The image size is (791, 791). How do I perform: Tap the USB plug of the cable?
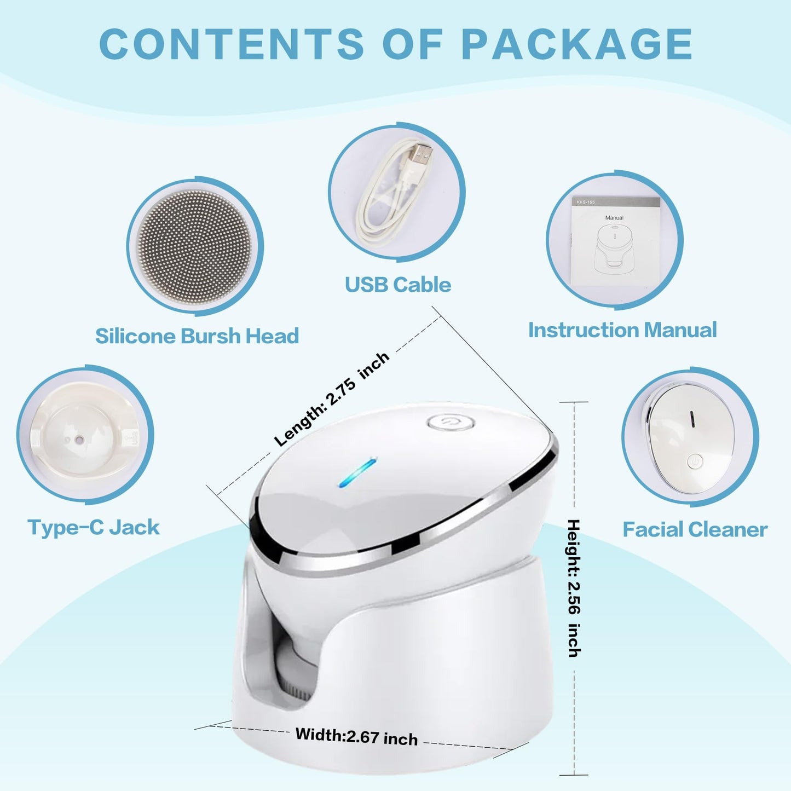422,155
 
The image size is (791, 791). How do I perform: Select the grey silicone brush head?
195,246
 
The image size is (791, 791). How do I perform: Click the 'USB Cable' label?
398,285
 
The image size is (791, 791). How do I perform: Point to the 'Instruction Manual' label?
622,330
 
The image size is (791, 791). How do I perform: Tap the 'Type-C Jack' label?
94,528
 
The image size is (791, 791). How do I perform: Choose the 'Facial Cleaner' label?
695,529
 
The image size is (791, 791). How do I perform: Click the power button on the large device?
450,423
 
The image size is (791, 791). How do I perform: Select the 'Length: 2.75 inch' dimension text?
331,399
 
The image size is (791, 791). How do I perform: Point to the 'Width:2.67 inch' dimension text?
356,736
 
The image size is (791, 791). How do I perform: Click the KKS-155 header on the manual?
586,203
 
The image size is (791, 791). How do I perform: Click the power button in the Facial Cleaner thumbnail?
694,461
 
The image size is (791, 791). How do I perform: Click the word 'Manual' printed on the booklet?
614,218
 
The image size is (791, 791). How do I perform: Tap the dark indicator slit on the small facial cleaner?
692,419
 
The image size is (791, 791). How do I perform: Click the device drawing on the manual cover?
613,246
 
